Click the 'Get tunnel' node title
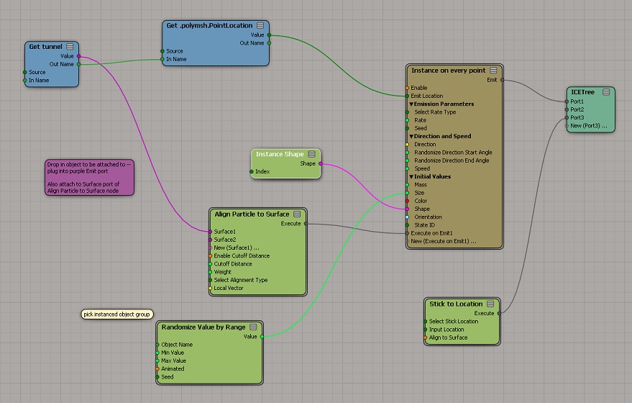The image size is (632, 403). (45, 46)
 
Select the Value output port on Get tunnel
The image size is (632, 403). (78, 56)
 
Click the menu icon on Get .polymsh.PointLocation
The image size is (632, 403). (260, 25)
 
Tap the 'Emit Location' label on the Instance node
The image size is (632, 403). (427, 96)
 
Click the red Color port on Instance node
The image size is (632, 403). (407, 201)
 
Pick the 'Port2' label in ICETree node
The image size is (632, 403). (577, 109)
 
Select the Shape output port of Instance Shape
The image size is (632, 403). (321, 163)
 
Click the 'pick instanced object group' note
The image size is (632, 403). (117, 314)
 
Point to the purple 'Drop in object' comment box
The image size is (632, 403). (89, 178)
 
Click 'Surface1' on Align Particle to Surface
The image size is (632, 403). (224, 232)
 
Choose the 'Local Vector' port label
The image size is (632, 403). (229, 288)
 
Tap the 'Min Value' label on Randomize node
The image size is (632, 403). (173, 353)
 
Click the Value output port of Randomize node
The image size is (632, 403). (262, 337)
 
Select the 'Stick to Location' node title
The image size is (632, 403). (456, 304)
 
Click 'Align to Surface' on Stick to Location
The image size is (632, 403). (448, 338)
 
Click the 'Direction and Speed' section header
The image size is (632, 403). (442, 136)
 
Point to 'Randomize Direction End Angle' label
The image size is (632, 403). (452, 160)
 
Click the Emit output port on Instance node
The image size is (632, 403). (502, 80)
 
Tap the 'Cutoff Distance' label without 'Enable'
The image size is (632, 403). (233, 264)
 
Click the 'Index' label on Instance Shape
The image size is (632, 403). (262, 171)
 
